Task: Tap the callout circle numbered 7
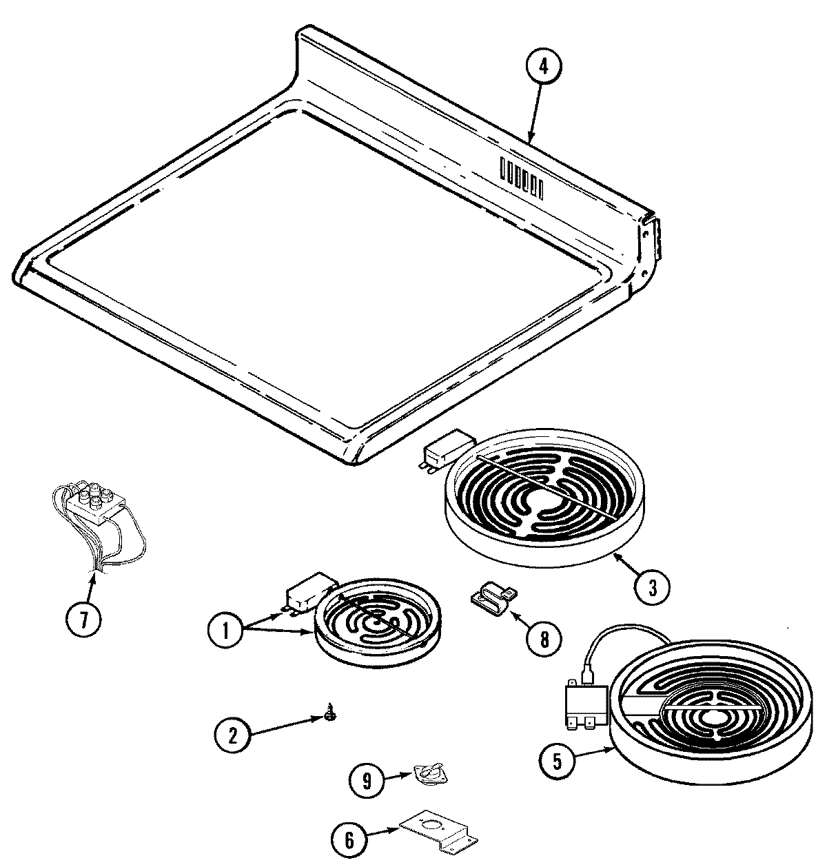pos(83,620)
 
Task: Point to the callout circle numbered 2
pos(232,736)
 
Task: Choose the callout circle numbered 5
pos(557,761)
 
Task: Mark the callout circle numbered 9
pos(367,780)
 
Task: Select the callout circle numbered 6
pos(349,839)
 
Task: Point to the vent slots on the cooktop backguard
pos(522,176)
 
